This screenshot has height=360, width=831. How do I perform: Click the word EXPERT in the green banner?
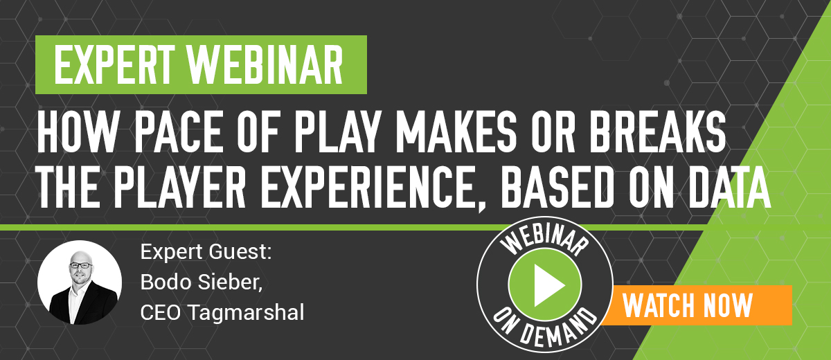click(114, 64)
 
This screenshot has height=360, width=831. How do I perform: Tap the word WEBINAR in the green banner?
click(265, 64)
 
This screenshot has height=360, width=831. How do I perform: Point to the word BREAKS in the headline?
click(658, 132)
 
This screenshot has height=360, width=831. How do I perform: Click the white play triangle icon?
click(548, 285)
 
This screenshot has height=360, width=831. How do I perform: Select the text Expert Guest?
click(206, 252)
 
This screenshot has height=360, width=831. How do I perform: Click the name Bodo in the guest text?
click(166, 282)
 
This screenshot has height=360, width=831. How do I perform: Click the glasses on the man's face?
click(81, 265)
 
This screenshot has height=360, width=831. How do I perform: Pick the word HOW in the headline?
click(76, 132)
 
